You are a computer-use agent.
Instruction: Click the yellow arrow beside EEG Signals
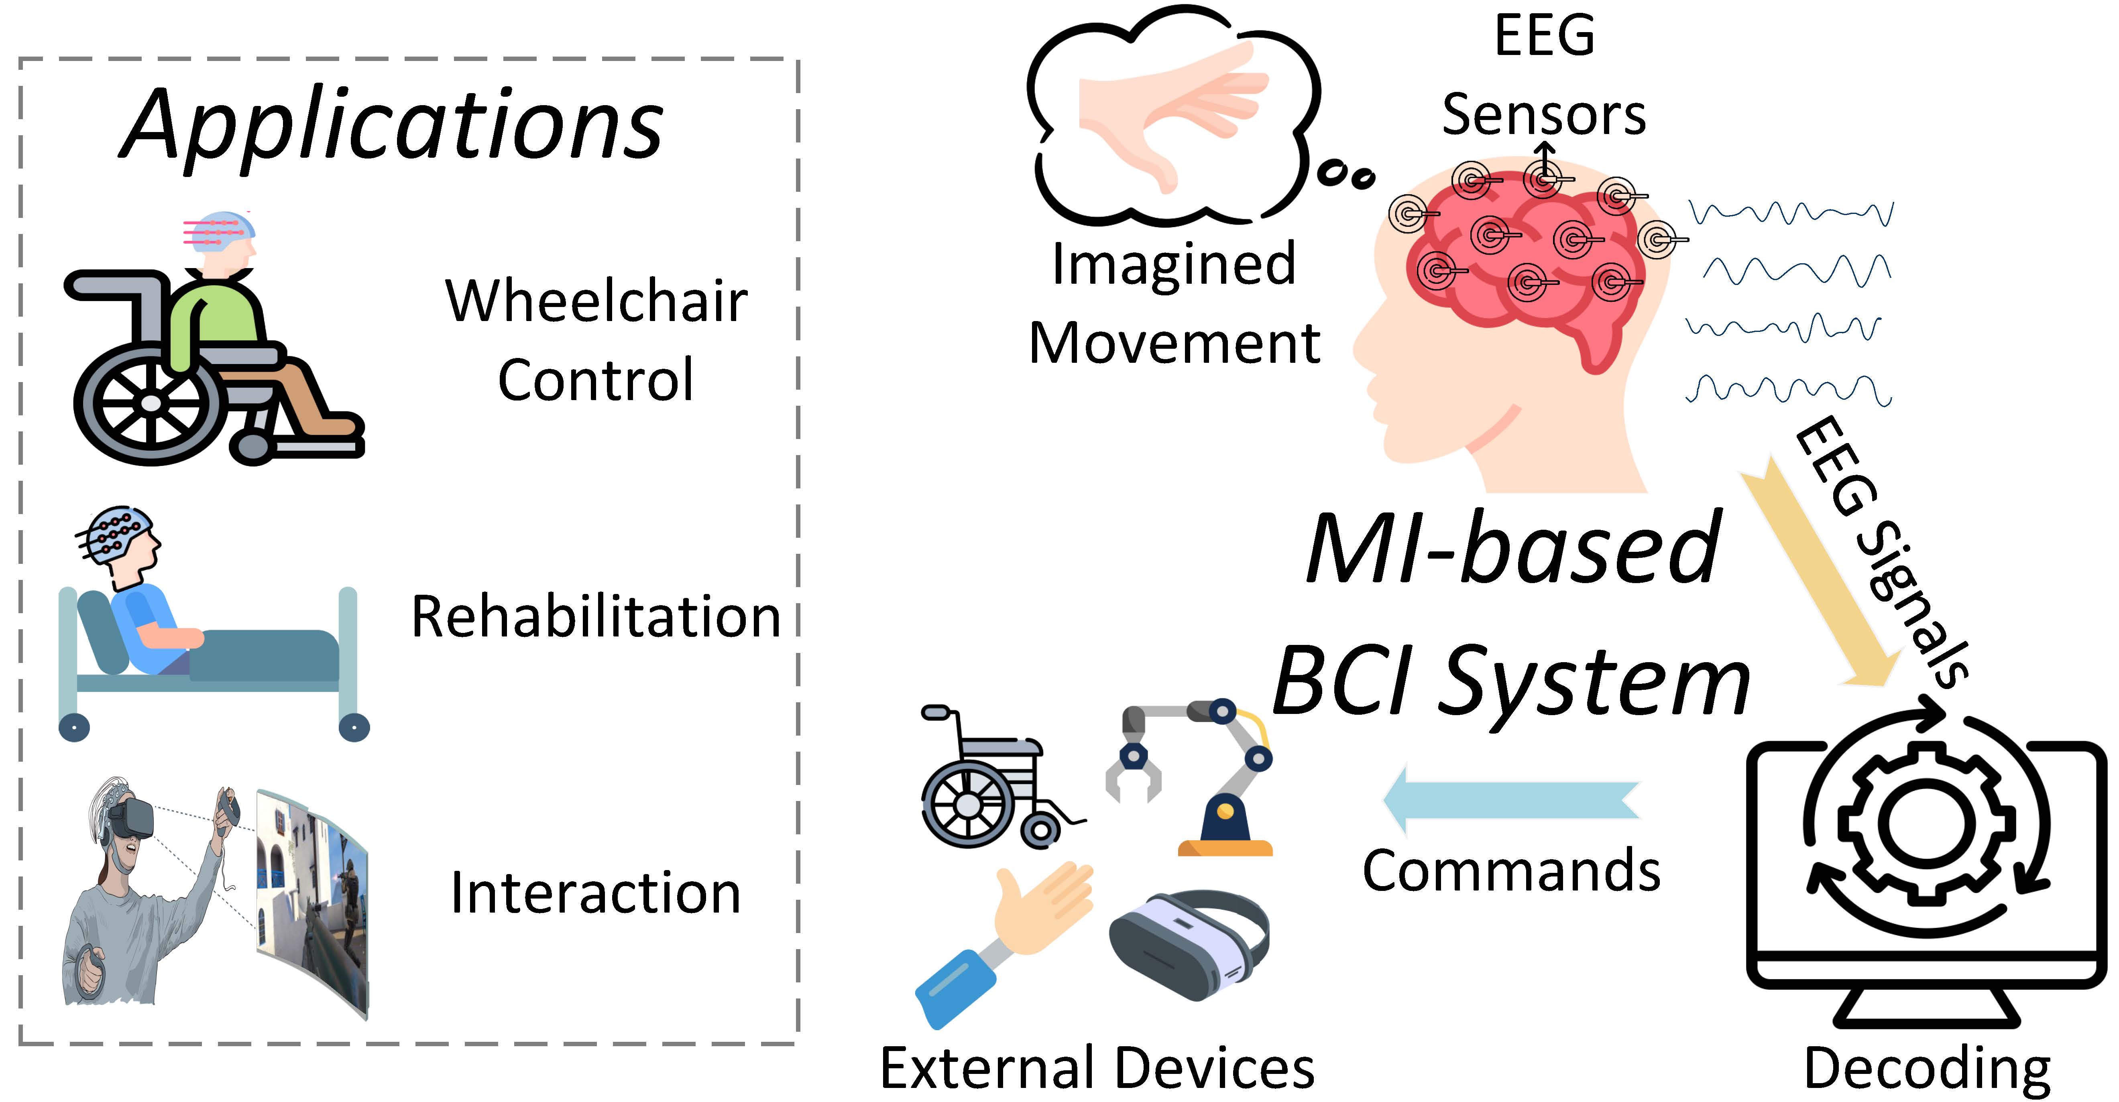point(1818,575)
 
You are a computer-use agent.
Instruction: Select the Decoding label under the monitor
point(1926,1069)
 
